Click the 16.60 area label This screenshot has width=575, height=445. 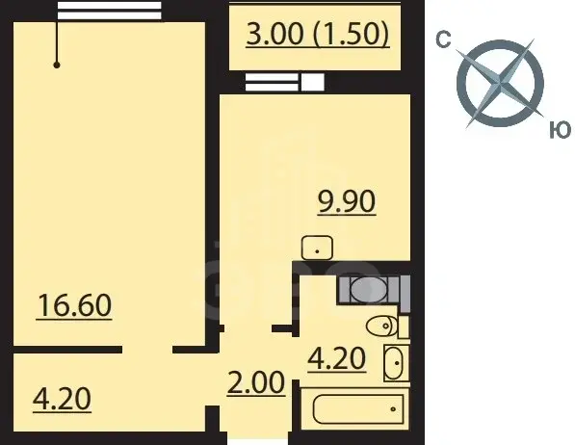(74, 305)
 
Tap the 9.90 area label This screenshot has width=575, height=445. (347, 201)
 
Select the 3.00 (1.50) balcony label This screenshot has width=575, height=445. (318, 34)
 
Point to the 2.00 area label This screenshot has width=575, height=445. (256, 383)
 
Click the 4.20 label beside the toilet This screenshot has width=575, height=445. (337, 358)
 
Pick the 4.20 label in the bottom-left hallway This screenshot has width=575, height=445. (62, 399)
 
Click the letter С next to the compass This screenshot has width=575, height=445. (443, 39)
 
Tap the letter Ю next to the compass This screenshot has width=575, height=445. (561, 130)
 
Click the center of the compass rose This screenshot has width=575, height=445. (500, 84)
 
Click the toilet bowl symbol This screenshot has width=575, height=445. (381, 326)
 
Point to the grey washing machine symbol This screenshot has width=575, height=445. (368, 290)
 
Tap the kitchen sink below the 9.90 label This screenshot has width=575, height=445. (317, 248)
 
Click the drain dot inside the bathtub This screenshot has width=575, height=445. (393, 409)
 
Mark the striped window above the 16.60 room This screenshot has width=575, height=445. (109, 11)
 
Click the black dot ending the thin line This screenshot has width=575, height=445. (57, 65)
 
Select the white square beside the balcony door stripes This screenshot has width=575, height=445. (312, 82)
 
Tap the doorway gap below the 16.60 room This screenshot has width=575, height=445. (147, 350)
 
